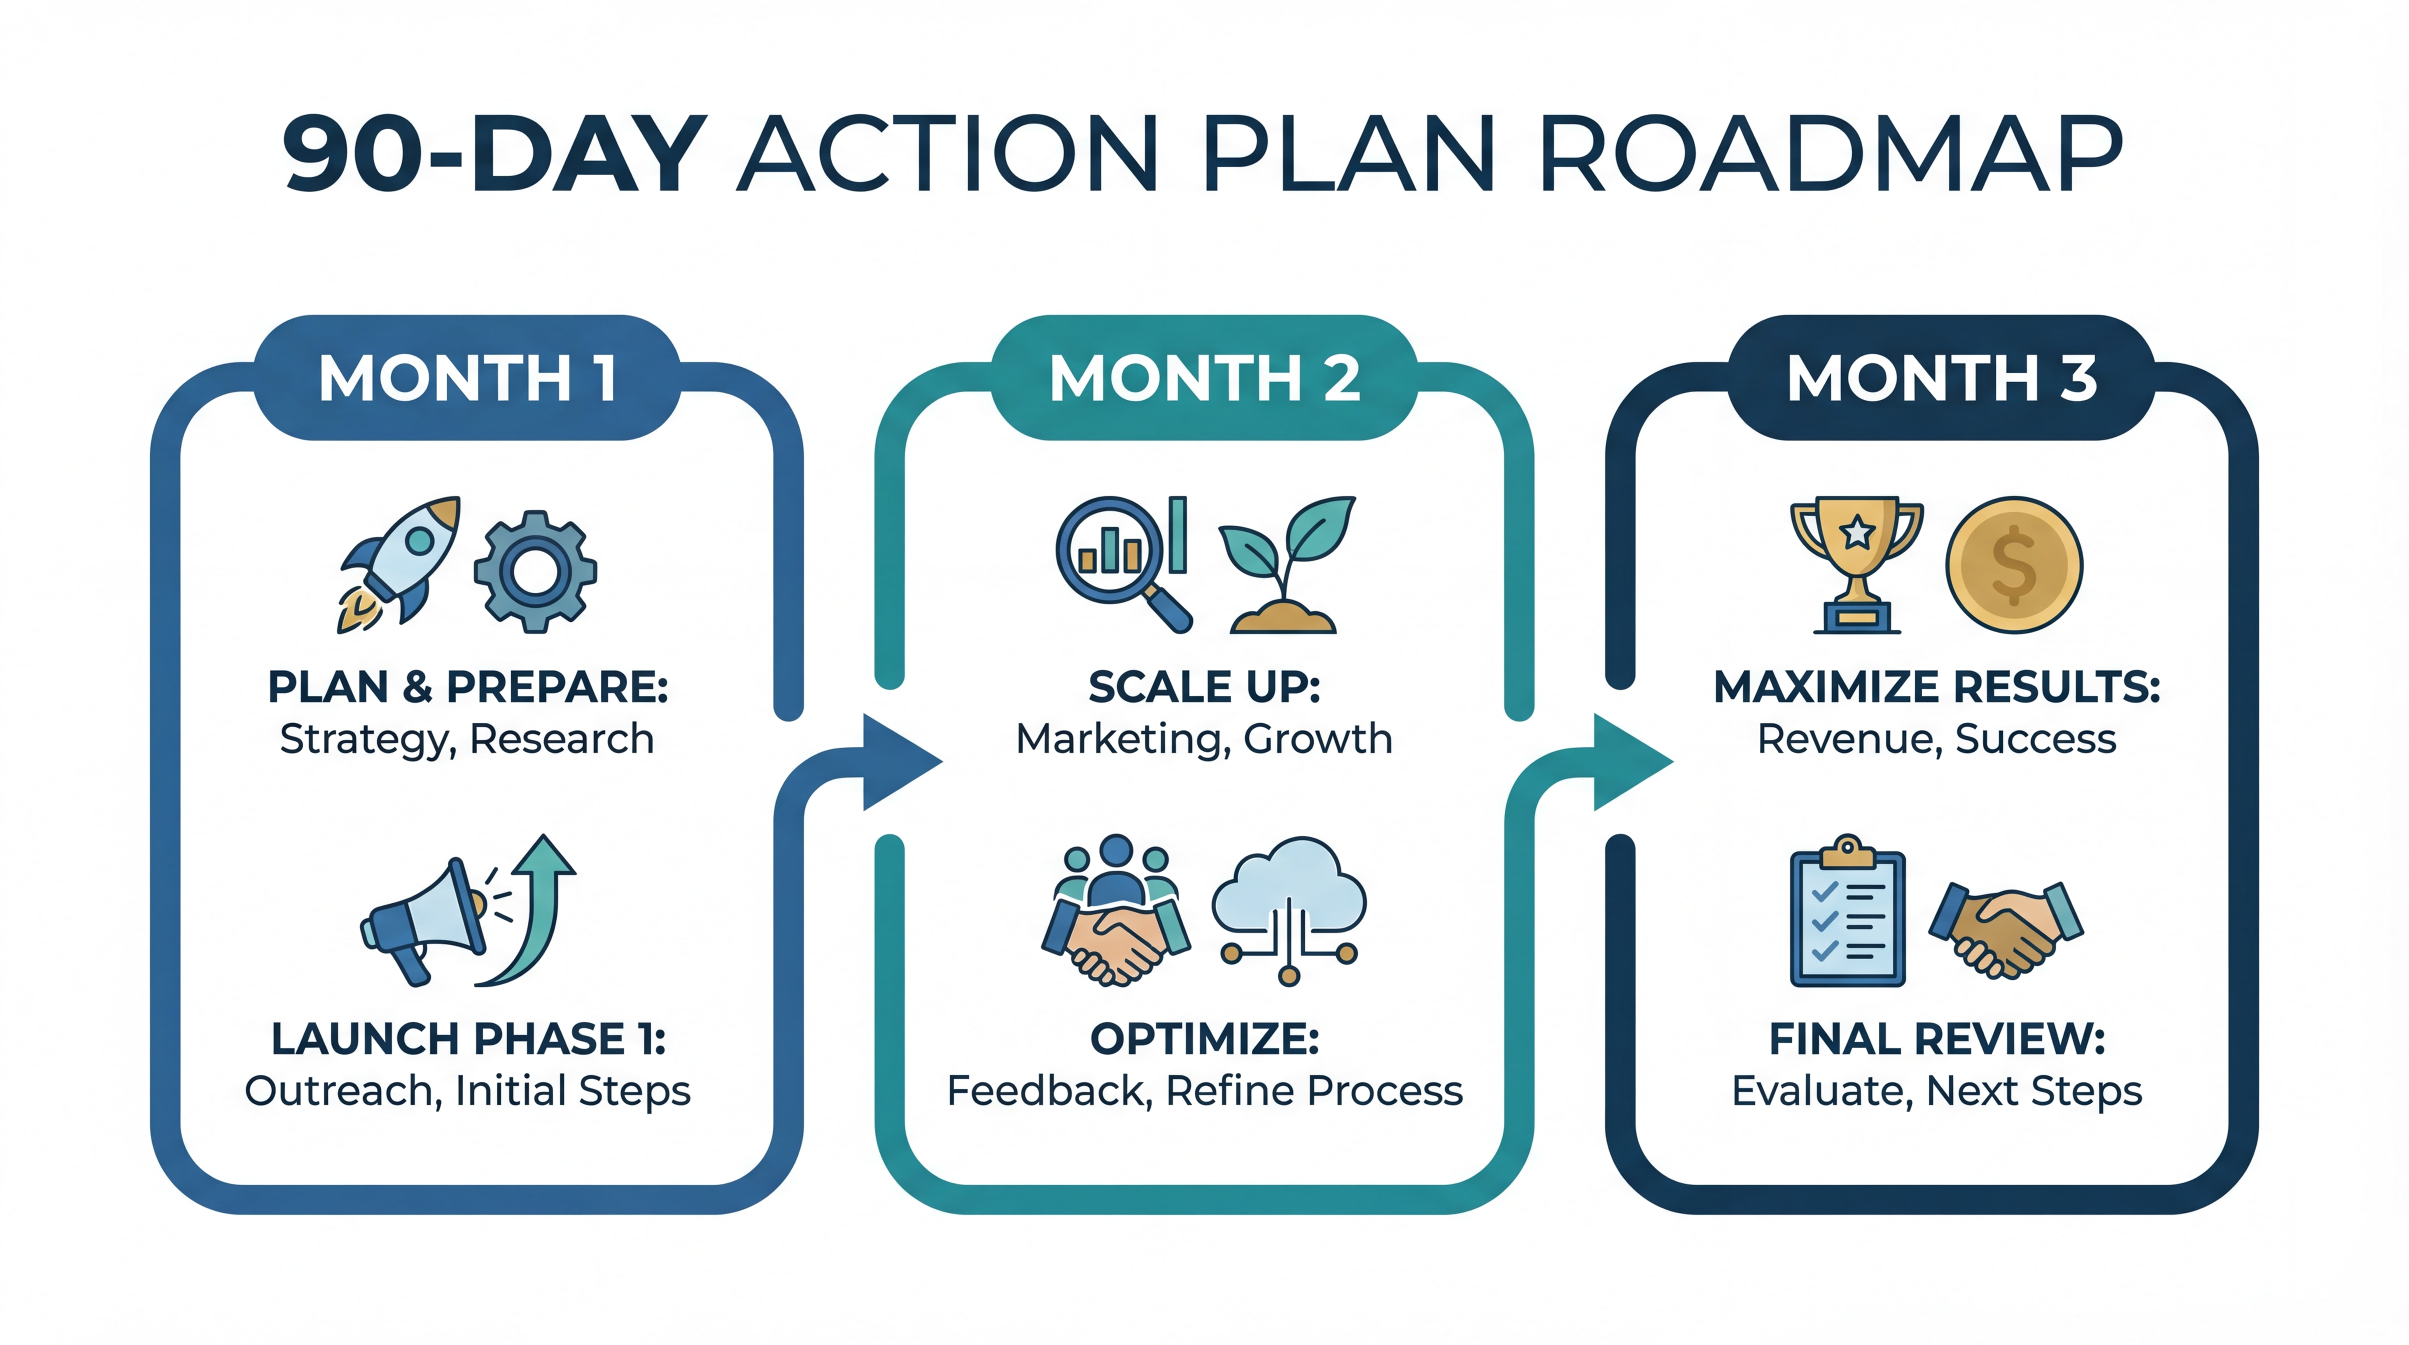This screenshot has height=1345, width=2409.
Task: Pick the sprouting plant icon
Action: click(x=1286, y=566)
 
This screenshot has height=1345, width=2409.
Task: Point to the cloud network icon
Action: click(x=1289, y=907)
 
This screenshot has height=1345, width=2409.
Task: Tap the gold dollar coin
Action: click(x=2013, y=565)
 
